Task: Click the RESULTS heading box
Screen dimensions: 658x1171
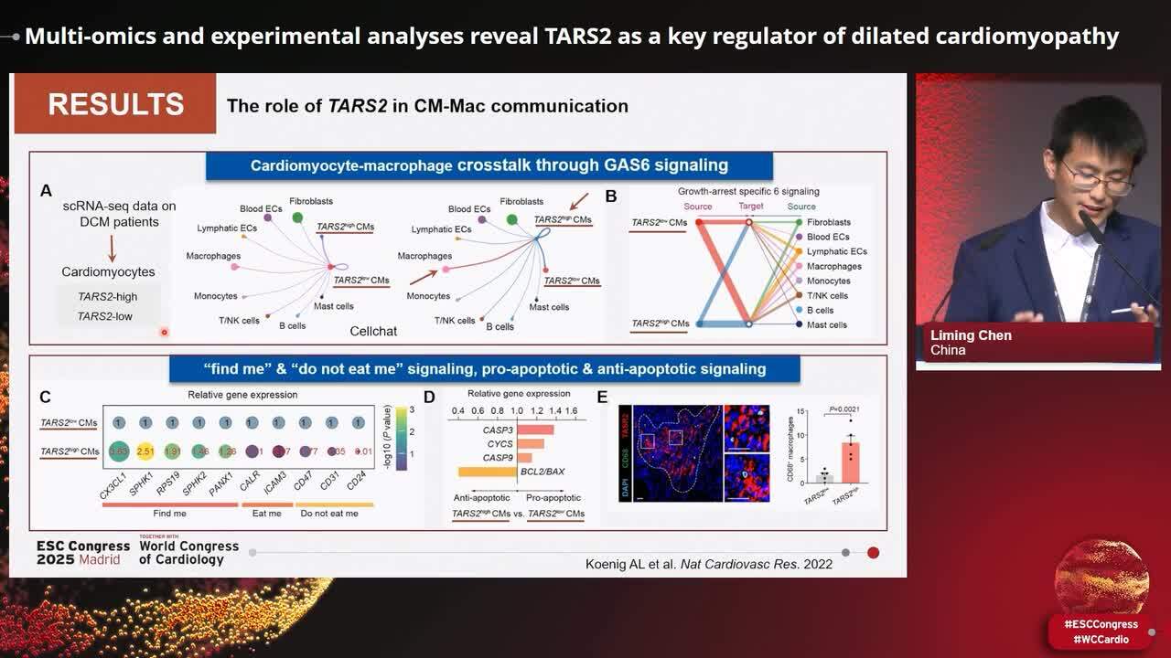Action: point(114,104)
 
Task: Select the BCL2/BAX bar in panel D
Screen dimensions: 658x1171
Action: point(487,472)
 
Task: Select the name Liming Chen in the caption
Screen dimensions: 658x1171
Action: point(971,335)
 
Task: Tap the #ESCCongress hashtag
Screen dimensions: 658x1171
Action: point(1101,624)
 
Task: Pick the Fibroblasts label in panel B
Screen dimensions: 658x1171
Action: point(828,222)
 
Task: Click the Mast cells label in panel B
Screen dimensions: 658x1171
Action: point(826,324)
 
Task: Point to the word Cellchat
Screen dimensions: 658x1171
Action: point(373,331)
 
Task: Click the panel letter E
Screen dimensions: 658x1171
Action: point(601,397)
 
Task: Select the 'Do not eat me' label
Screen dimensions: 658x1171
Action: point(329,514)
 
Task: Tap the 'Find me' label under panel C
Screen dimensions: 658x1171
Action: point(169,514)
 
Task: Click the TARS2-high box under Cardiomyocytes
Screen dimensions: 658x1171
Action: point(108,297)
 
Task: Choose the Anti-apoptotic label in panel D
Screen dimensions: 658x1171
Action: point(482,498)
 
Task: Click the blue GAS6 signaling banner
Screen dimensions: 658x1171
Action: point(489,165)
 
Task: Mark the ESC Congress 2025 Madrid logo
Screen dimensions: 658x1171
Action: point(83,552)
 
